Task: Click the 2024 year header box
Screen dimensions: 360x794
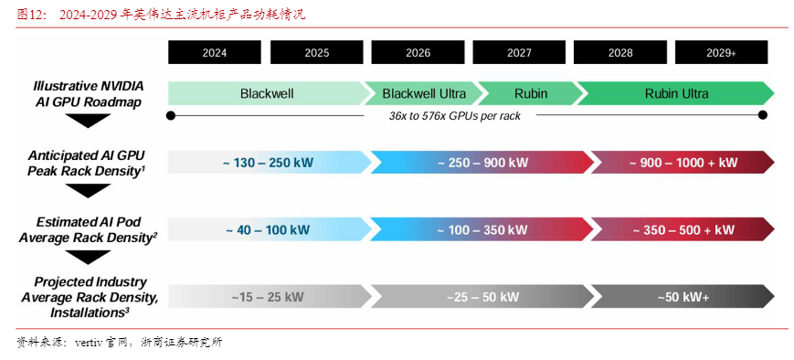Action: [x=215, y=53]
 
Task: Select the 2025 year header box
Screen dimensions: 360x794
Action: [x=317, y=53]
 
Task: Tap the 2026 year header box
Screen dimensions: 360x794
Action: [x=418, y=53]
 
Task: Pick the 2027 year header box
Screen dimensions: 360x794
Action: [x=519, y=53]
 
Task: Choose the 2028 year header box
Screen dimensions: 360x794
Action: [x=620, y=53]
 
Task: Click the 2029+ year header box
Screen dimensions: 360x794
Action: [x=721, y=53]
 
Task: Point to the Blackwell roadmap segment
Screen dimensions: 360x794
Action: [x=267, y=93]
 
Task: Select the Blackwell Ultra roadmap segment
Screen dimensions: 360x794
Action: [x=424, y=93]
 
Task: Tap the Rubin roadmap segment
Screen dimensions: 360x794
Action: [x=531, y=93]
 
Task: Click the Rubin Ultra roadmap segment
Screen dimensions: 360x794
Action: [x=676, y=93]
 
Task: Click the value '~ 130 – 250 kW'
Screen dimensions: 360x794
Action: [x=268, y=163]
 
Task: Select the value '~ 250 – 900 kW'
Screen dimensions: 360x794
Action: [x=482, y=163]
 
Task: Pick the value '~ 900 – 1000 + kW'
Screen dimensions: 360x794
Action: [x=683, y=163]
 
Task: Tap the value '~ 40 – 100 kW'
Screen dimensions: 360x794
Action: [x=268, y=229]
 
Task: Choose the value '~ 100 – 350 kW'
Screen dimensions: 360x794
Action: [x=482, y=229]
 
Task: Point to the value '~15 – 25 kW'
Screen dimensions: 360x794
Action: [x=268, y=297]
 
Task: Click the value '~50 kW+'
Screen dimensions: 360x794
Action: [x=683, y=297]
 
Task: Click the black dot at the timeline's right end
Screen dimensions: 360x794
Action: [x=763, y=115]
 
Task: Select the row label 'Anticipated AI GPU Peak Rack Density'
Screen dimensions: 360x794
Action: [x=87, y=163]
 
